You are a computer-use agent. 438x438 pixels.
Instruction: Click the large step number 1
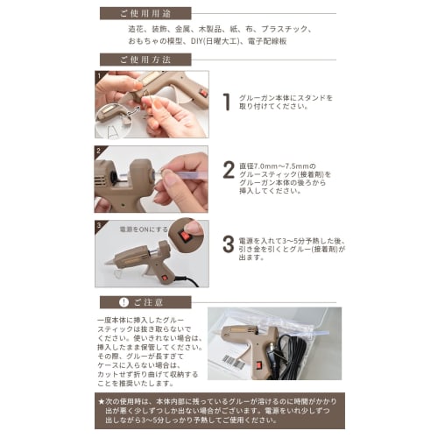click(x=226, y=102)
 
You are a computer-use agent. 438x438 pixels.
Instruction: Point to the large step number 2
click(x=227, y=169)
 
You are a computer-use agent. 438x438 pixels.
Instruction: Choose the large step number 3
click(x=227, y=243)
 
